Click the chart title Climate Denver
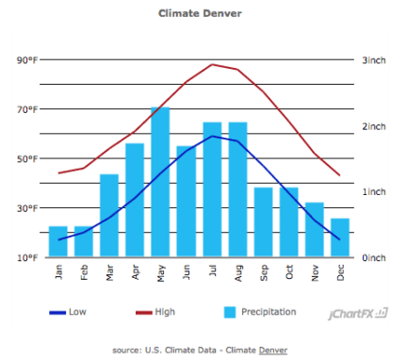pos(200,14)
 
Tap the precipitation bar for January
pos(58,241)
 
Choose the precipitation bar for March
pos(109,215)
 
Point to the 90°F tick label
pos(27,60)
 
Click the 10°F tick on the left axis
pos(27,257)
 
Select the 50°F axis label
pos(27,158)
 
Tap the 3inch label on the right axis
pos(375,60)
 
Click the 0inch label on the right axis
pos(375,257)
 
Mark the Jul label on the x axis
pos(212,271)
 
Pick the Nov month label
pos(314,272)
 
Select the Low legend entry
pos(66,312)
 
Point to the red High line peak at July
pos(212,64)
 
